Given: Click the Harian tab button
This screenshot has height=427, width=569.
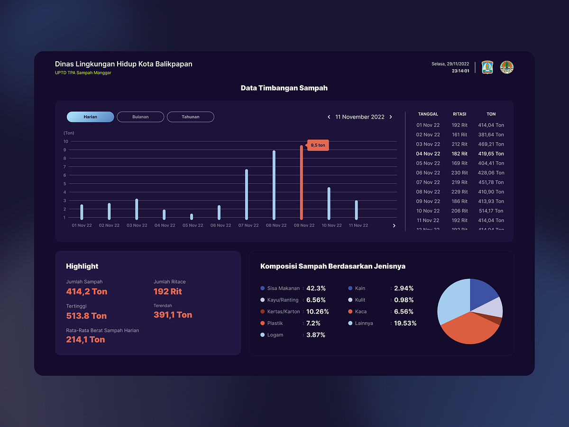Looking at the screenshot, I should [x=90, y=117].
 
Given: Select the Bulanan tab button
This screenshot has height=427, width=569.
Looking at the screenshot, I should [x=140, y=117].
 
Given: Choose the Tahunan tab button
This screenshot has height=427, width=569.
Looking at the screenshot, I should [x=190, y=117].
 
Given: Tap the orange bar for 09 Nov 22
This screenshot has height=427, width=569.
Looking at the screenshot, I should [x=301, y=183].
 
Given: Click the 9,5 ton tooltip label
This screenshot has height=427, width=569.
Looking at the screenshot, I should [x=318, y=145].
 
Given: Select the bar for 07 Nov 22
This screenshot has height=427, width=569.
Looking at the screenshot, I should [x=246, y=195].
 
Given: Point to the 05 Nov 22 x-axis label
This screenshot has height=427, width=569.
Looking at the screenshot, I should [x=193, y=225].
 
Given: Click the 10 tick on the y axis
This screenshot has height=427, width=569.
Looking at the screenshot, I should [x=66, y=141].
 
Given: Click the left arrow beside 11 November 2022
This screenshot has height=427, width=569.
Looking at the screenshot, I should [x=329, y=117].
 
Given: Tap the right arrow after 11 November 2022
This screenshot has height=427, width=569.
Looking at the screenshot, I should [x=391, y=117].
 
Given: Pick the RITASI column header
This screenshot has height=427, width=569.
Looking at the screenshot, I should [x=459, y=114].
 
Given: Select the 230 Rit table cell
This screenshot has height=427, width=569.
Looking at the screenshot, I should [x=459, y=173].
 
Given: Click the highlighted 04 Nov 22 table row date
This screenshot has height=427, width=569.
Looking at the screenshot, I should [x=428, y=154].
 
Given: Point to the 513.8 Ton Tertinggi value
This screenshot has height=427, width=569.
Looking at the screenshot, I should [x=86, y=316].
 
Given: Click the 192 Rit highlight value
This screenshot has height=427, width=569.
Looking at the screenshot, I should [x=167, y=291].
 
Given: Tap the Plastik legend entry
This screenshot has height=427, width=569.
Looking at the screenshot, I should [x=275, y=323].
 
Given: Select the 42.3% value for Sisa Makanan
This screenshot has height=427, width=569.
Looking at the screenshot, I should [x=316, y=288].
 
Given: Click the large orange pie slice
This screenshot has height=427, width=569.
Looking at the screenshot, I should [x=467, y=330].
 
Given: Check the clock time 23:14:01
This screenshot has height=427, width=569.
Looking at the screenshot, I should [x=460, y=71].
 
